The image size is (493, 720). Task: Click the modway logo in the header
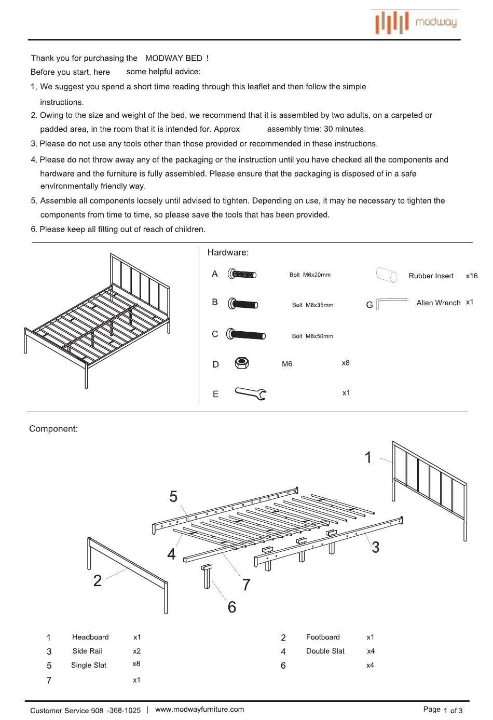pyautogui.click(x=415, y=22)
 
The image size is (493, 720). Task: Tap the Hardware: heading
pyautogui.click(x=228, y=252)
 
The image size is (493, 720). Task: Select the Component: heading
pyautogui.click(x=53, y=429)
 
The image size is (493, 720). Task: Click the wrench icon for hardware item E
pyautogui.click(x=251, y=393)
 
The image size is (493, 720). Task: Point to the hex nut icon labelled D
pyautogui.click(x=242, y=363)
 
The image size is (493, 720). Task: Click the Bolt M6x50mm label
pyautogui.click(x=312, y=336)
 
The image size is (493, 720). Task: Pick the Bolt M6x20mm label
pyautogui.click(x=310, y=275)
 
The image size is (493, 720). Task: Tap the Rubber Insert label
pyautogui.click(x=431, y=276)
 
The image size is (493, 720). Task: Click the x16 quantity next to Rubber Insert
pyautogui.click(x=471, y=276)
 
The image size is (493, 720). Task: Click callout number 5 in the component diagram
pyautogui.click(x=173, y=497)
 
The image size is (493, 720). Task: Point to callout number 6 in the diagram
pyautogui.click(x=232, y=607)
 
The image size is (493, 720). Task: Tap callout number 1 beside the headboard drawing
pyautogui.click(x=368, y=457)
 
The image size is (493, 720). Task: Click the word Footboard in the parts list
pyautogui.click(x=323, y=637)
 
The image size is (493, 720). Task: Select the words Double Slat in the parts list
pyautogui.click(x=325, y=651)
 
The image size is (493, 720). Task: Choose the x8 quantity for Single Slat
pyautogui.click(x=136, y=664)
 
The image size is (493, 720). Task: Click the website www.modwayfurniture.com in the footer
pyautogui.click(x=199, y=709)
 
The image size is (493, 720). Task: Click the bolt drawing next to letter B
pyautogui.click(x=243, y=304)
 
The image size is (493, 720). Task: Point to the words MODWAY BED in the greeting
pyautogui.click(x=174, y=58)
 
